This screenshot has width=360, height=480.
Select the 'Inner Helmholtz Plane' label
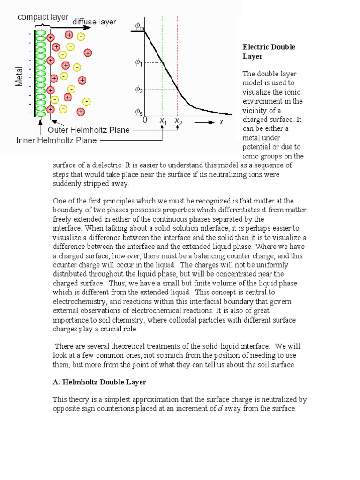(56, 140)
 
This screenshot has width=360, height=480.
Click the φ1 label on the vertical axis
(139, 63)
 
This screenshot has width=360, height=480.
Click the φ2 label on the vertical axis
(139, 89)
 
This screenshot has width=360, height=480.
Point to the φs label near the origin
(139, 112)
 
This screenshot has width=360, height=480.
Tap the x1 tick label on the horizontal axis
(163, 121)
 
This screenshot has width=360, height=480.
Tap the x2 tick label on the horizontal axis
(179, 121)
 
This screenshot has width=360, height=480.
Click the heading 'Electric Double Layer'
(268, 52)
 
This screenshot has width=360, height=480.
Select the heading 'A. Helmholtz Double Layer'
(99, 382)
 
